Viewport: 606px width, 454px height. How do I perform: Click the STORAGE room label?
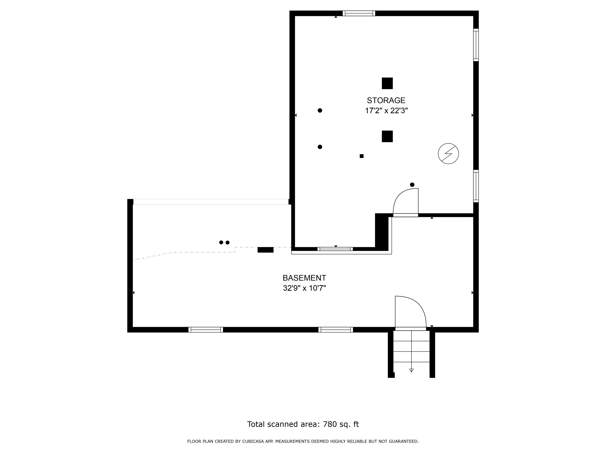[x=386, y=100]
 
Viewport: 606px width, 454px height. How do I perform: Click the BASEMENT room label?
[x=304, y=278]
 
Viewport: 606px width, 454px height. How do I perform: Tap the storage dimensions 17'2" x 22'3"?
[x=386, y=111]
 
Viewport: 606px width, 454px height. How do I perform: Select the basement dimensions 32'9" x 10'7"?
[x=304, y=288]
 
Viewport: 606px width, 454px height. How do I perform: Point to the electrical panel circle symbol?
[x=448, y=154]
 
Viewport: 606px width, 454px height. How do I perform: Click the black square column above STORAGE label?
[x=387, y=84]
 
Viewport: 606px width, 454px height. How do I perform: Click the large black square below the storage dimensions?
[x=387, y=136]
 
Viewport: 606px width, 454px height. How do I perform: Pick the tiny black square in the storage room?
[x=362, y=156]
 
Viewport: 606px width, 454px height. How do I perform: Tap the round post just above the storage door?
[x=412, y=185]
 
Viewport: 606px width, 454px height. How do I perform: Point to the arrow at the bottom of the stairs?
[x=411, y=370]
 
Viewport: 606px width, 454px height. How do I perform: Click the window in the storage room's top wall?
[x=359, y=13]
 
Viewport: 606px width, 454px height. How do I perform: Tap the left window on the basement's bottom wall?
[x=206, y=330]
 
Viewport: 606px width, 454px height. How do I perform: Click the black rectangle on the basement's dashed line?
[x=266, y=250]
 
